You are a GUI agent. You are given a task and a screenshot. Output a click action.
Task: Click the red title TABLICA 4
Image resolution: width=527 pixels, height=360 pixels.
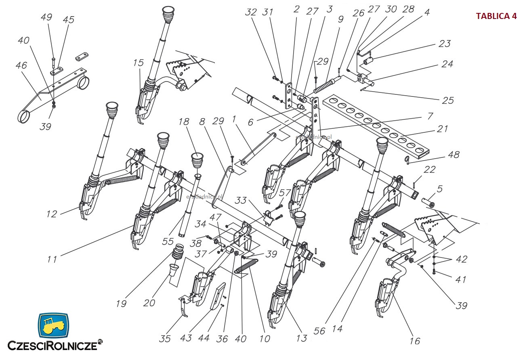[496, 16]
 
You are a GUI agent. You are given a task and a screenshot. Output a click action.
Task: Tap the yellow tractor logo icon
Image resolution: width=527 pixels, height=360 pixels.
[53, 325]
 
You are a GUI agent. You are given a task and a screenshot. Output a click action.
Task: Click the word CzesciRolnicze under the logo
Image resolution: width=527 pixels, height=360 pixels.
[52, 345]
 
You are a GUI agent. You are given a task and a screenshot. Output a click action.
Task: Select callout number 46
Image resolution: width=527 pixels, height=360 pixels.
[21, 65]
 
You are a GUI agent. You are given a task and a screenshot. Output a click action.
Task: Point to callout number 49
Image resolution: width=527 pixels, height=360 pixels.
[46, 17]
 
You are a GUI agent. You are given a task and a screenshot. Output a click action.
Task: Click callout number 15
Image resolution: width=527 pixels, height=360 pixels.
[138, 63]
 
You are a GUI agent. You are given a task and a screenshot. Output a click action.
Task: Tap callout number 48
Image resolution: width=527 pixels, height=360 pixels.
[454, 155]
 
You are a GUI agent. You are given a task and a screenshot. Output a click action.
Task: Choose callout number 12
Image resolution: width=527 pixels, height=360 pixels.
[52, 214]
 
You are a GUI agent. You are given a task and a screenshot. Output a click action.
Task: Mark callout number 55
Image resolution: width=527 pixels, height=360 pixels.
[168, 241]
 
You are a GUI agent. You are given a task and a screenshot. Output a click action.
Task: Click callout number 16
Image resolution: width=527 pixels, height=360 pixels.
[414, 341]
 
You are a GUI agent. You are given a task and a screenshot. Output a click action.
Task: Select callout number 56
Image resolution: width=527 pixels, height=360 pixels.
[319, 331]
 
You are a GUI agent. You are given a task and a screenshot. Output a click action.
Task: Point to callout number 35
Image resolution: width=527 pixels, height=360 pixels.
[165, 338]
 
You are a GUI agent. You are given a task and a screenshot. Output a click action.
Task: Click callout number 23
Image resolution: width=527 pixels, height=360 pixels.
[444, 44]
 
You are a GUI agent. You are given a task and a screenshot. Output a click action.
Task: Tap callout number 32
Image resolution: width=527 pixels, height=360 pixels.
[251, 12]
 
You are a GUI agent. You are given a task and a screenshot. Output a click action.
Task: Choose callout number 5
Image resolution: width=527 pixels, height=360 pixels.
[440, 189]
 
